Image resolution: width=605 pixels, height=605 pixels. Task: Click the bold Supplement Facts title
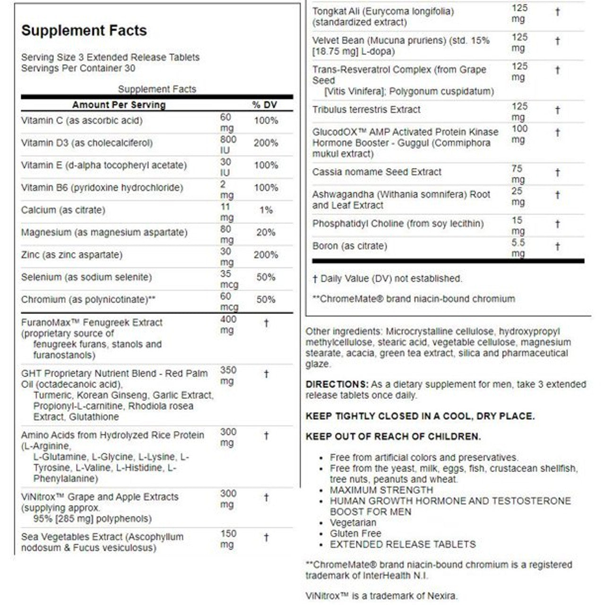click(84, 31)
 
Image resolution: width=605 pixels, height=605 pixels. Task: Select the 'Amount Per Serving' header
click(119, 105)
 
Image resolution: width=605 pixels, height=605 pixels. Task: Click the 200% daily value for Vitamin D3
click(266, 143)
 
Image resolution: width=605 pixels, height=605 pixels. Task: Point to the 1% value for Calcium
click(266, 210)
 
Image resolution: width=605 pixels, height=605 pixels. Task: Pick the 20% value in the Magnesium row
click(266, 232)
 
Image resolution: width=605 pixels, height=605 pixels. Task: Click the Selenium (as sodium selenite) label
click(86, 277)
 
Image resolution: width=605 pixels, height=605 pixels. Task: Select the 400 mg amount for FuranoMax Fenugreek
click(228, 325)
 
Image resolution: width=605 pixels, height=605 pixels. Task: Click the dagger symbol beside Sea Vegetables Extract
click(266, 537)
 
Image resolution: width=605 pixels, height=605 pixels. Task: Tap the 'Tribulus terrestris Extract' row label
click(366, 110)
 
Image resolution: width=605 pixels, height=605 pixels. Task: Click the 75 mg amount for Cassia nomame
click(518, 174)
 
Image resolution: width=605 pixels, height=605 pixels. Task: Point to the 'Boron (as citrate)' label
click(349, 246)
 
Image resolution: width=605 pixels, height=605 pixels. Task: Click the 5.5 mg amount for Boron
click(518, 248)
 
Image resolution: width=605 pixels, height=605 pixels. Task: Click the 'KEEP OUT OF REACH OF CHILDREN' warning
click(393, 436)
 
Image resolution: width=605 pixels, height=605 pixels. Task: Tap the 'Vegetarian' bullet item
click(353, 523)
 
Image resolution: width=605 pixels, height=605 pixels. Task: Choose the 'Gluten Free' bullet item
click(355, 534)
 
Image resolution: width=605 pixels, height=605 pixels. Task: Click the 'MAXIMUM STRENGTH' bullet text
click(381, 490)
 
